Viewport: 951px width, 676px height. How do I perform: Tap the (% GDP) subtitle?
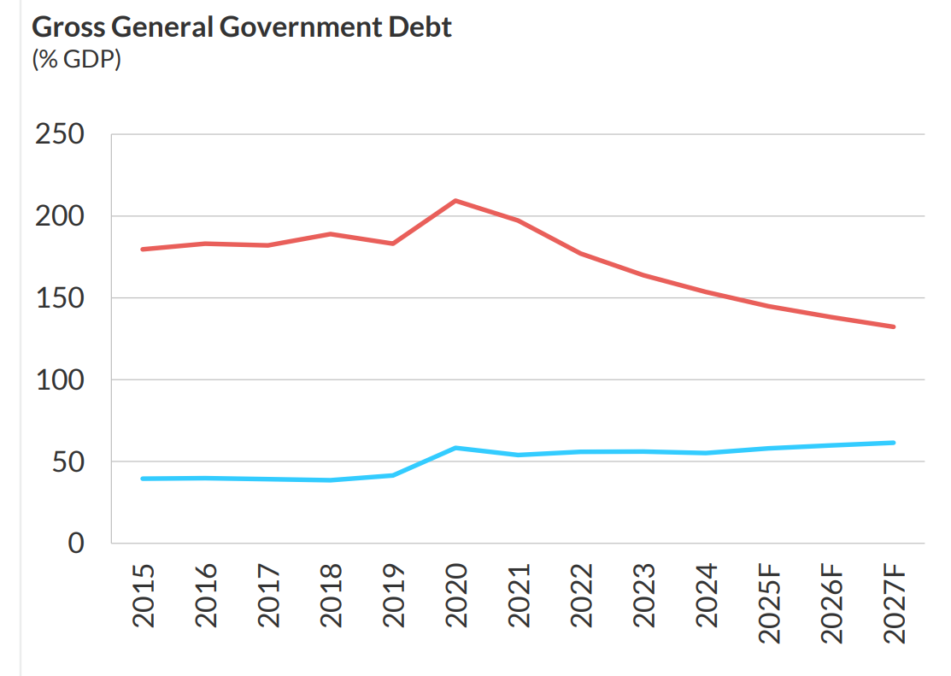(x=76, y=61)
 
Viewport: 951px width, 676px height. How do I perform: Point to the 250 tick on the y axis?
(x=59, y=135)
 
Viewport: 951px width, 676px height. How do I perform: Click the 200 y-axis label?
(x=59, y=216)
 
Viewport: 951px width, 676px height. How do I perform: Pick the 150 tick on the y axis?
(x=59, y=298)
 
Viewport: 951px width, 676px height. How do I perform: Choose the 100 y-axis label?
(x=59, y=379)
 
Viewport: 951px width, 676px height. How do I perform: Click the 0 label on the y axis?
(x=76, y=543)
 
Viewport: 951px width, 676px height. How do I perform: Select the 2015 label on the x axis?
(x=143, y=596)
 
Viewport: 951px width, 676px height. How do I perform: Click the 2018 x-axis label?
(x=330, y=596)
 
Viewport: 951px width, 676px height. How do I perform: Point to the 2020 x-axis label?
(x=455, y=596)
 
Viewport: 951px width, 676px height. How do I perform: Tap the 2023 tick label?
(x=643, y=596)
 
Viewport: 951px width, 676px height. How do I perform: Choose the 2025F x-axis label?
(x=769, y=603)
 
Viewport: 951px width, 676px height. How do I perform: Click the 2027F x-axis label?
(x=894, y=603)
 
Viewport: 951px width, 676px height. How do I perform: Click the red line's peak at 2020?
(x=455, y=201)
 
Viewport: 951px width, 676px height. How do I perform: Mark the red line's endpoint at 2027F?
(x=893, y=326)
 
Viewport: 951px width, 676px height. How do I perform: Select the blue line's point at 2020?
(x=455, y=448)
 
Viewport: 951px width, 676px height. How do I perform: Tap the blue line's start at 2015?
(x=143, y=479)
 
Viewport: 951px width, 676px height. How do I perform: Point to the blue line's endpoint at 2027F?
(x=893, y=443)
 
